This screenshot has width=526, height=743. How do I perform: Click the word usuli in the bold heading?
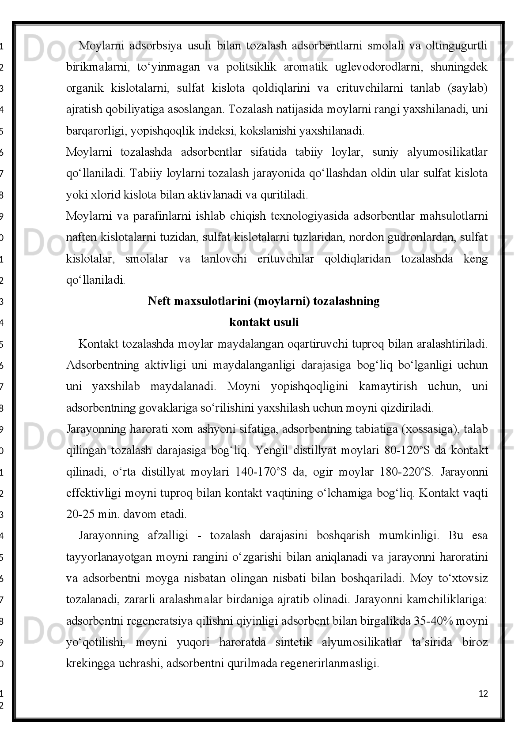pos(286,323)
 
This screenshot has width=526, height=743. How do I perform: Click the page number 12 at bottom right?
pos(483,694)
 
